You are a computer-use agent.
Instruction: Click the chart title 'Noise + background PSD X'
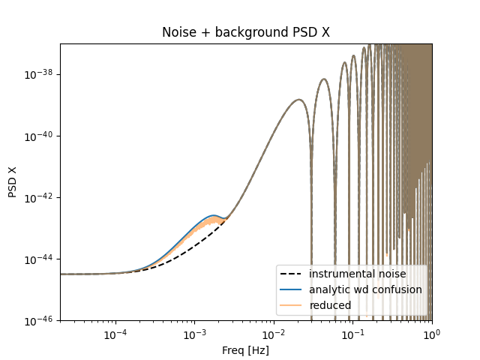click(x=245, y=33)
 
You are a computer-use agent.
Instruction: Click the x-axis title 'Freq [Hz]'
click(x=245, y=349)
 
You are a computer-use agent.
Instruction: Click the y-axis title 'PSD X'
click(x=13, y=182)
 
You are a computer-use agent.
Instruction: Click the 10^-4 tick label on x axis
click(x=115, y=334)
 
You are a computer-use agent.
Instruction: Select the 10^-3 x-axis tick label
click(x=195, y=334)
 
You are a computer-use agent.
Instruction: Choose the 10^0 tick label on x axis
click(x=432, y=334)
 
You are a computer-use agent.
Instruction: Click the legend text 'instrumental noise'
click(x=357, y=274)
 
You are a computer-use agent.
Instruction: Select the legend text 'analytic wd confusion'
click(x=365, y=289)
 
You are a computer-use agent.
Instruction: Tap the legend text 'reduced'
click(x=329, y=305)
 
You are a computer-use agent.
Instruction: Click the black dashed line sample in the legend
click(x=292, y=274)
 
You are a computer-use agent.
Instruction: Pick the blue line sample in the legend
click(x=292, y=289)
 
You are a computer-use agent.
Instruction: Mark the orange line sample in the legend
click(x=292, y=305)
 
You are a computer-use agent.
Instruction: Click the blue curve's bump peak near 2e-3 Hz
click(x=214, y=215)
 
